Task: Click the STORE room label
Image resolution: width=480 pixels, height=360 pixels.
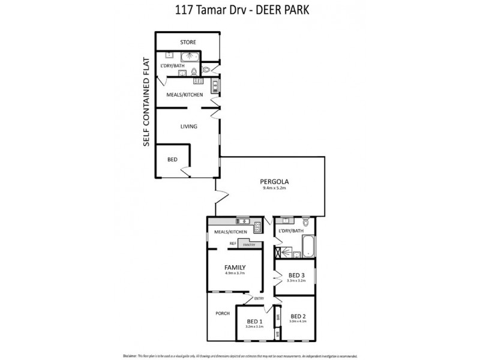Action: [x=188, y=42]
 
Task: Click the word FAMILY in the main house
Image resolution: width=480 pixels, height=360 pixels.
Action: [x=235, y=268]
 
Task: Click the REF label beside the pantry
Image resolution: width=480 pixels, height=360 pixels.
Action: [x=232, y=243]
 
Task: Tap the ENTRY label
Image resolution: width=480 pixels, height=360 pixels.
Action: [x=259, y=298]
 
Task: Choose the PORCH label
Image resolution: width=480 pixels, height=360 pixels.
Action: [x=223, y=313]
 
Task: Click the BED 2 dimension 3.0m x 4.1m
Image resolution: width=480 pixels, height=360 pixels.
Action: [x=298, y=322]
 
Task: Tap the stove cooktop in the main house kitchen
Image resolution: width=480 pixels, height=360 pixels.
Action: [x=257, y=226]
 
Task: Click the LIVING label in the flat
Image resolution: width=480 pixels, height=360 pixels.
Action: [x=189, y=126]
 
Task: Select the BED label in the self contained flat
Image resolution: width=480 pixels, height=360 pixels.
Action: [x=172, y=160]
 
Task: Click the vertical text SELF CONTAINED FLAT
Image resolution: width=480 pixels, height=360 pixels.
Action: [x=146, y=102]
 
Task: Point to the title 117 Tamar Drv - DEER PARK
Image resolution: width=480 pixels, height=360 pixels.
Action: [x=240, y=10]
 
